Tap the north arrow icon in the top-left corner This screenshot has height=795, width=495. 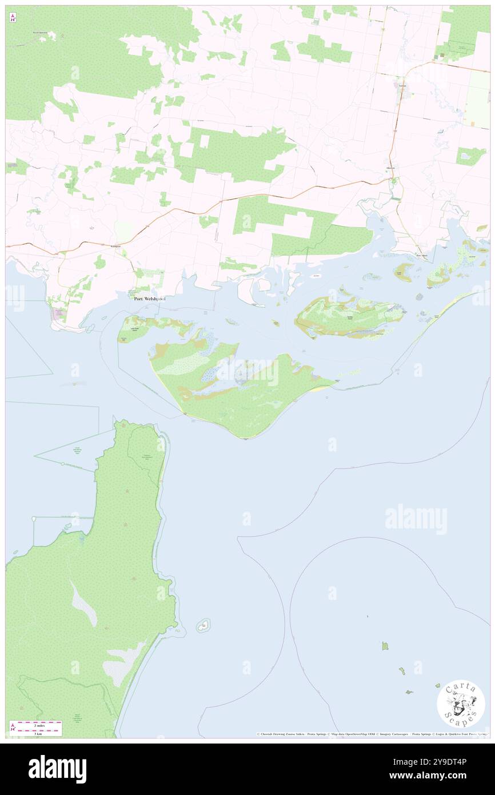pyautogui.click(x=13, y=18)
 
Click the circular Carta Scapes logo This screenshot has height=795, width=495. pyautogui.click(x=461, y=703)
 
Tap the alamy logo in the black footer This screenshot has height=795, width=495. pyautogui.click(x=58, y=769)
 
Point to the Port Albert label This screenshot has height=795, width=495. pyautogui.click(x=422, y=256)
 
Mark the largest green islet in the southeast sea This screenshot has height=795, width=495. pyautogui.click(x=385, y=646)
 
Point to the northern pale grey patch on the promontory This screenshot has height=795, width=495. pyautogui.click(x=84, y=603)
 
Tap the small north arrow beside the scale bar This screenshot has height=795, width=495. pyautogui.click(x=13, y=727)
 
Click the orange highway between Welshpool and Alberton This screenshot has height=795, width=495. pyautogui.click(x=257, y=196)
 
